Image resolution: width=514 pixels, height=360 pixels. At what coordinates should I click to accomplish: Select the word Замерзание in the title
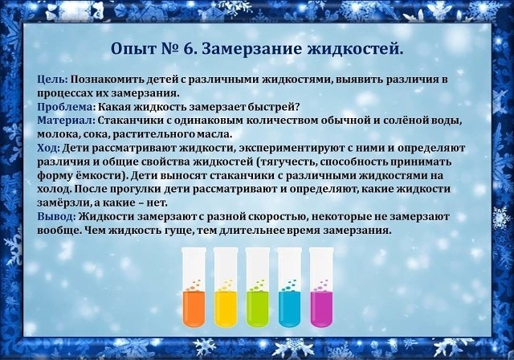[251, 49]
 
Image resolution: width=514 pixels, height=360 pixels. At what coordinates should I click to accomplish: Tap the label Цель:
[52, 80]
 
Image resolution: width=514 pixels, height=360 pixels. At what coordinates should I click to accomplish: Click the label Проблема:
[66, 107]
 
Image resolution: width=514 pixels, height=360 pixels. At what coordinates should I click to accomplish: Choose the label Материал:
[66, 121]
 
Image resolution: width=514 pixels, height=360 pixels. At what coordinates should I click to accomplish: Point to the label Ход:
[48, 149]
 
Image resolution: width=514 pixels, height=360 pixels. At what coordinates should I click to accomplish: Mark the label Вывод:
[57, 217]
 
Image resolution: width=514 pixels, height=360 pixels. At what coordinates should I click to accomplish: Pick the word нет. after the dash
[157, 203]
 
